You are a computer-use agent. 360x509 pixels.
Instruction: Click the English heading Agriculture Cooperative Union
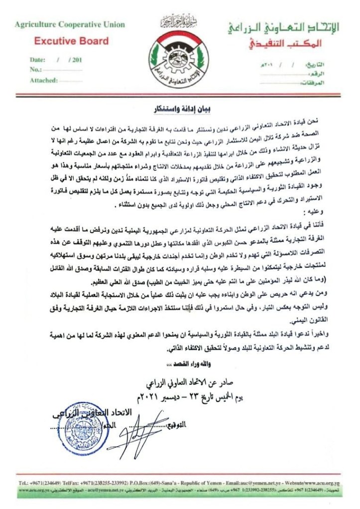[x=70, y=25]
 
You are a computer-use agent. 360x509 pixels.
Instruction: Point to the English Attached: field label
[x=44, y=80]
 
